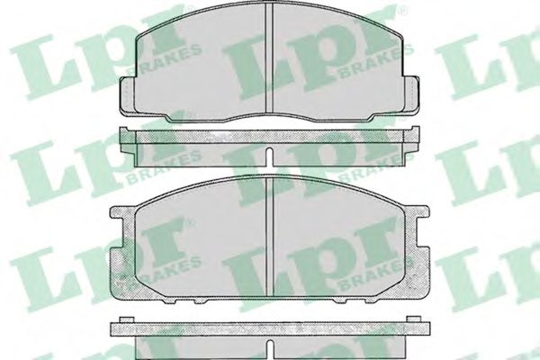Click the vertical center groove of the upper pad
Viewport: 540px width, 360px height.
pos(270,58)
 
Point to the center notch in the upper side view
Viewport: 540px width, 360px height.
pos(270,156)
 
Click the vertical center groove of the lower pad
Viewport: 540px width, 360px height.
pos(270,237)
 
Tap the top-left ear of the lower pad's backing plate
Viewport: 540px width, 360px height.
pos(122,213)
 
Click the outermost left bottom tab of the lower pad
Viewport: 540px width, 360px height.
pos(170,301)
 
